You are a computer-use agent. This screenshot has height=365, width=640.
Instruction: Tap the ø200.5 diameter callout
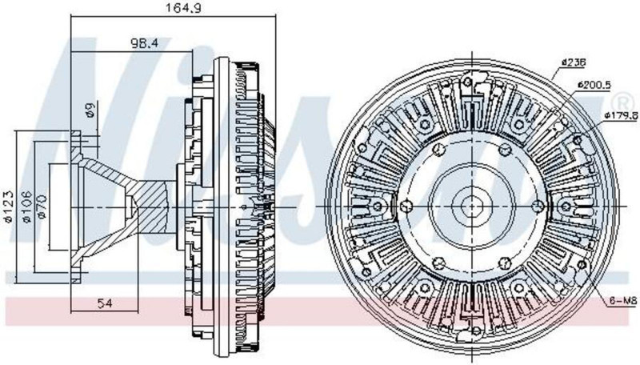[x=593, y=85]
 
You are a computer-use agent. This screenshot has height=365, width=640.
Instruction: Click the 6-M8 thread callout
[x=622, y=302]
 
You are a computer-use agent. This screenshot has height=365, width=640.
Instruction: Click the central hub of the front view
[x=472, y=207]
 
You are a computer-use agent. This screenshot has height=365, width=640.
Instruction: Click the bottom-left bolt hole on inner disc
[x=438, y=263]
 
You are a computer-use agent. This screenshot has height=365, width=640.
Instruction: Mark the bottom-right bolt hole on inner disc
[x=506, y=263]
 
